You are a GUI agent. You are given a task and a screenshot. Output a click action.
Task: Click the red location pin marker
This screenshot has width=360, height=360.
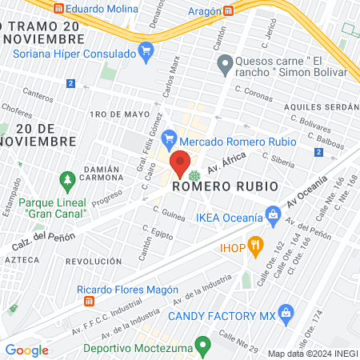coord(181,163)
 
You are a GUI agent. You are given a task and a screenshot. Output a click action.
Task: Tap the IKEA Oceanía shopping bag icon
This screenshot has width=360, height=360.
coord(273,214)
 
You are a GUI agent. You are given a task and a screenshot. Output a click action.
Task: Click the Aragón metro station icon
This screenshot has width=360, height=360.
coord(229,10)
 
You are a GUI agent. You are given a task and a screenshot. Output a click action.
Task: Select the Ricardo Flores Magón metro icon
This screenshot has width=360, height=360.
coord(90,302)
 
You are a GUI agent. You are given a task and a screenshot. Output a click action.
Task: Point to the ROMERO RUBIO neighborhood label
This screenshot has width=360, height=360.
coord(225,186)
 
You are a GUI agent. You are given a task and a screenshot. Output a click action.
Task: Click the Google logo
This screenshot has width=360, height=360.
coord(26,350)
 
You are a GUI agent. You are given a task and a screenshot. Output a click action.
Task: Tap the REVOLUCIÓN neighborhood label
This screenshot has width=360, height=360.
coord(94,261)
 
